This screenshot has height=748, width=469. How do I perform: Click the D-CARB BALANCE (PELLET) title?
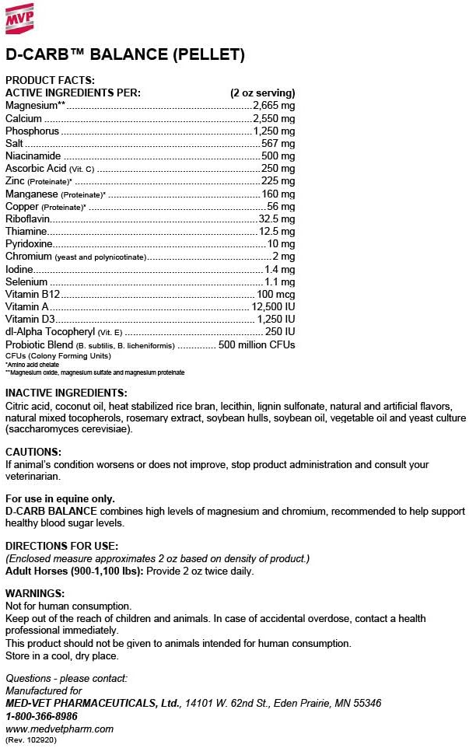(x=125, y=54)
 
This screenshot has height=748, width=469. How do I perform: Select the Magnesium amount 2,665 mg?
(x=275, y=105)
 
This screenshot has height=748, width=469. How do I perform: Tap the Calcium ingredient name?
(x=23, y=118)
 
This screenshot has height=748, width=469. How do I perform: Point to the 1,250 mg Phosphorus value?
(x=275, y=131)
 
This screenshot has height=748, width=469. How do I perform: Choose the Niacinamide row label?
(x=33, y=156)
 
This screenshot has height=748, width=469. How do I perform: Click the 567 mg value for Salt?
(x=280, y=144)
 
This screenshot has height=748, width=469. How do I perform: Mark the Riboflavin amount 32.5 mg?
(x=277, y=219)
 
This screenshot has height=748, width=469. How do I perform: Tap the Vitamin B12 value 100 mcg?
(x=275, y=294)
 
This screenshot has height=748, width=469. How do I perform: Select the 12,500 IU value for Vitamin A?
(x=273, y=307)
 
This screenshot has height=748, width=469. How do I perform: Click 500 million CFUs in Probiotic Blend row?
(x=257, y=344)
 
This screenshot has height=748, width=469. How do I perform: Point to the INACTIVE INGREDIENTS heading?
(x=66, y=393)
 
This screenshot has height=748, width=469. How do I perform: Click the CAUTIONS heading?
(x=33, y=452)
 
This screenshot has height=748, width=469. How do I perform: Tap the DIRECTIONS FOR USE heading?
(x=61, y=546)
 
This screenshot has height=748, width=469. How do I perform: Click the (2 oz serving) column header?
(x=262, y=93)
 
